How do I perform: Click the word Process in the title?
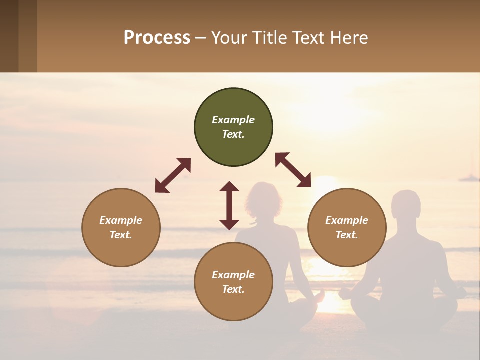point(157,38)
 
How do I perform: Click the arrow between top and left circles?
point(173,175)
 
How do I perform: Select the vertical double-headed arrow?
point(229,205)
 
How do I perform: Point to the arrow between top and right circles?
point(293,170)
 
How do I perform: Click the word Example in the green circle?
point(233,120)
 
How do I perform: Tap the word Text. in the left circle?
point(121,235)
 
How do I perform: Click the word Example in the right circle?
point(347,220)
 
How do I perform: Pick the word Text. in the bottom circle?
point(233,289)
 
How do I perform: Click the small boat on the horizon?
point(469,177)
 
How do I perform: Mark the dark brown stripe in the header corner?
point(9,36)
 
